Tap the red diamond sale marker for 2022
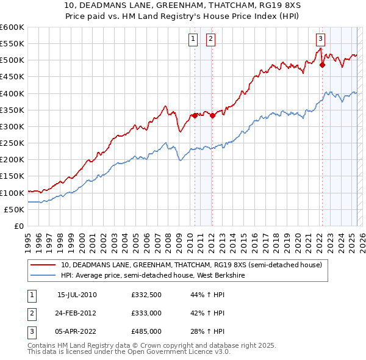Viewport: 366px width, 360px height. tap(322, 65)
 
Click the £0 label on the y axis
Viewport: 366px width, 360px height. tap(19, 226)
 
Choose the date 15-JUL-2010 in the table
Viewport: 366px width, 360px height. tap(77, 295)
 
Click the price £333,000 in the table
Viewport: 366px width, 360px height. tap(146, 313)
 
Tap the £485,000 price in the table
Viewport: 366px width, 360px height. tap(146, 331)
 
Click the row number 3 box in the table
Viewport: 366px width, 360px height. tap(30, 331)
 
